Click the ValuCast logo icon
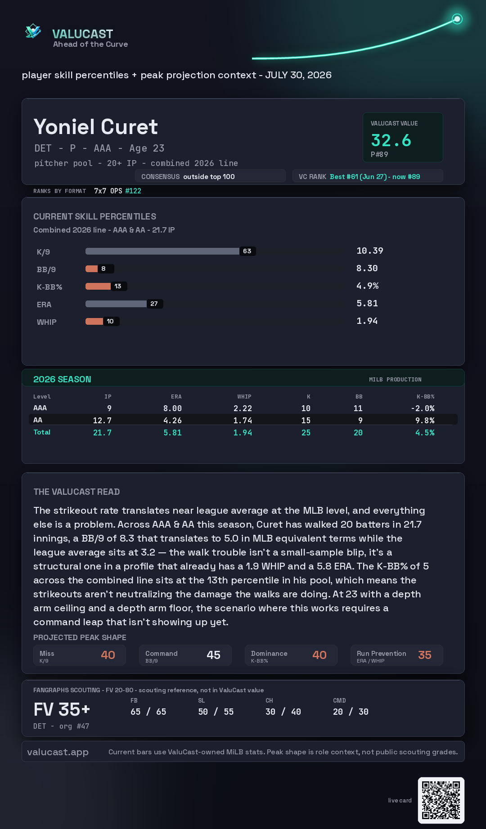33,31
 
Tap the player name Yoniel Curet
95,127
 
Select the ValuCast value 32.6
391,140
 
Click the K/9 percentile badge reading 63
247,251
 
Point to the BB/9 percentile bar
92,269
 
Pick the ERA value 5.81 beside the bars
367,303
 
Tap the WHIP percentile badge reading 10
110,321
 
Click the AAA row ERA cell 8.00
172,408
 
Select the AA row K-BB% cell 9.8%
425,421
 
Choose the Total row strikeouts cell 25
306,433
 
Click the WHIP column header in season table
244,397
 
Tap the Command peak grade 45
213,655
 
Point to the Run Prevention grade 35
425,655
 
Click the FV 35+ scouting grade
62,709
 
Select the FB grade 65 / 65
148,712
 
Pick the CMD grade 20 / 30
351,712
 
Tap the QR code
441,800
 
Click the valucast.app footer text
58,752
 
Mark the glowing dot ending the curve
457,19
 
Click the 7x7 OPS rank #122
133,191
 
